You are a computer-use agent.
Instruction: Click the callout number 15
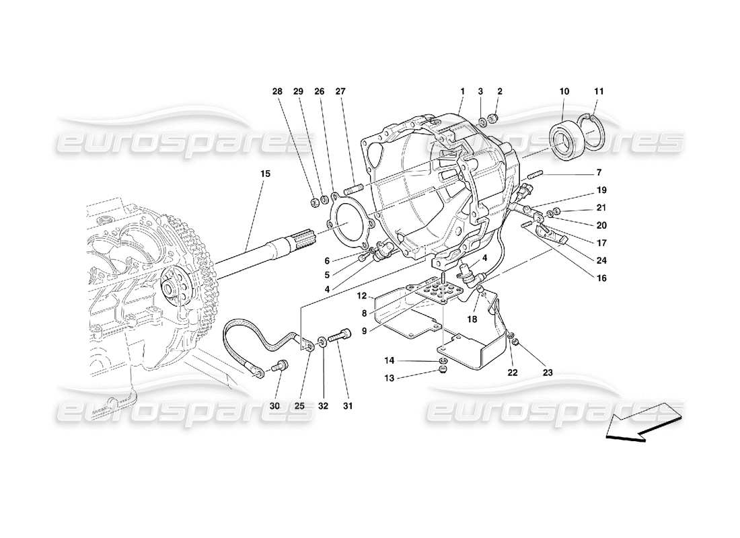[265, 174]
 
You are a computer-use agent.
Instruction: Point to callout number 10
[564, 91]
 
